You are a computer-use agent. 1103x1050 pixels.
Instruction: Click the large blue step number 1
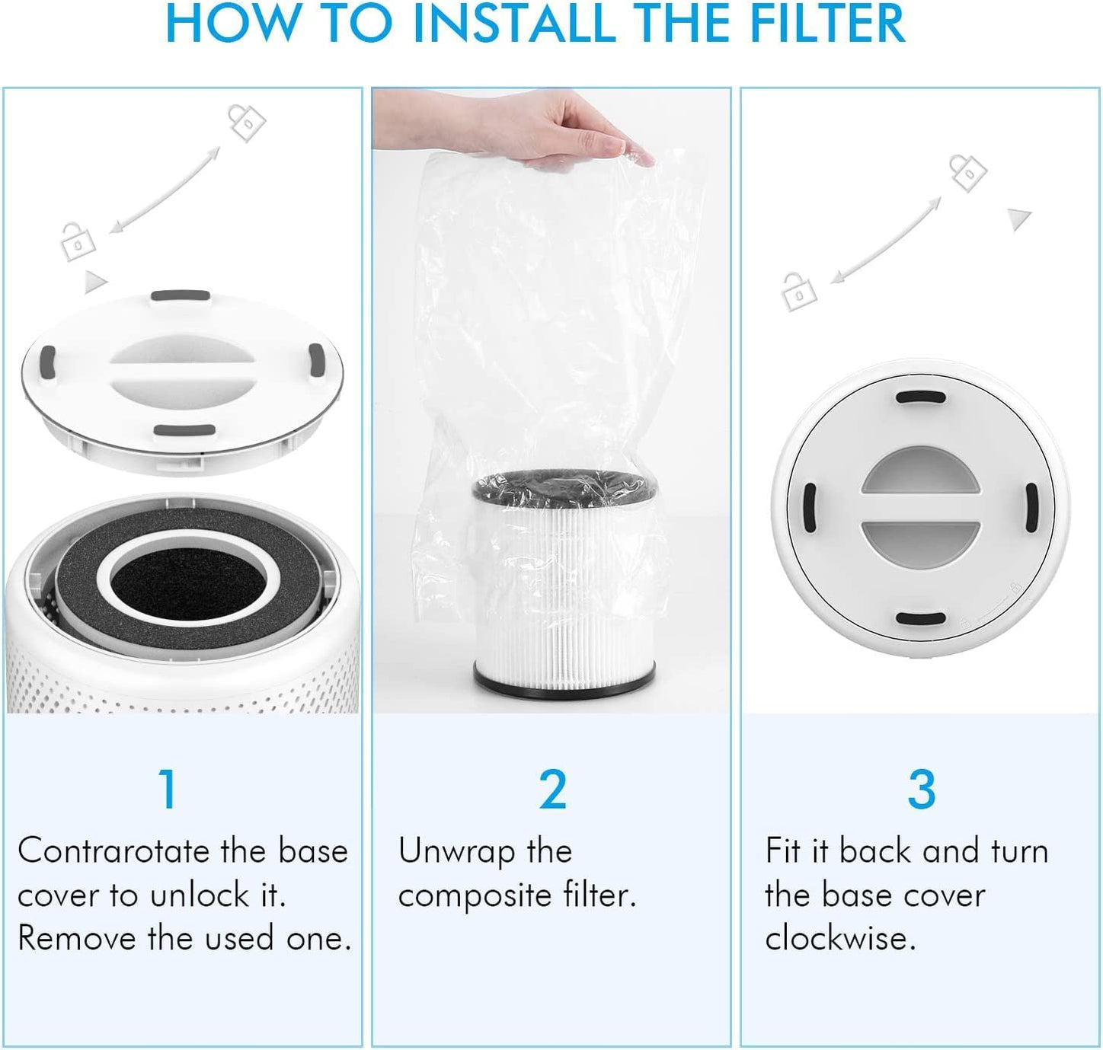pos(168,789)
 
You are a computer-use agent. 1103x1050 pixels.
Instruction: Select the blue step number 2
pos(553,789)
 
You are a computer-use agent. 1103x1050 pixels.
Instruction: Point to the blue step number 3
pos(921,789)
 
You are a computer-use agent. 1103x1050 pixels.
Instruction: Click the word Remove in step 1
pos(76,938)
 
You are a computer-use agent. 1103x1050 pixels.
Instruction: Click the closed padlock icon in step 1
pos(78,242)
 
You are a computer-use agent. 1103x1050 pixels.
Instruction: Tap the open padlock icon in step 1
pos(247,122)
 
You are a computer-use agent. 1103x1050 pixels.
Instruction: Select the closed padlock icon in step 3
pos(799,292)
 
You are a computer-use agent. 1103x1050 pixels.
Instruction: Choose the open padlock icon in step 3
pos(968,172)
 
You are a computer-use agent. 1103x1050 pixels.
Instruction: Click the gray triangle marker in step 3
pos(1018,219)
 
